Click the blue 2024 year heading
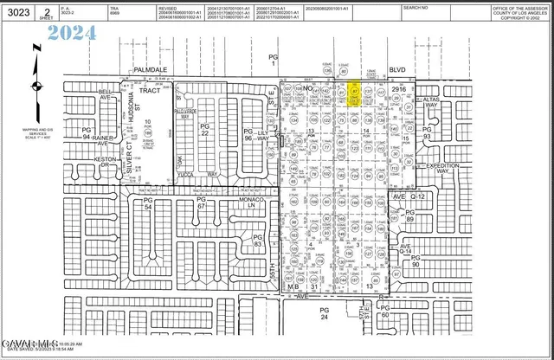point(73,35)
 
